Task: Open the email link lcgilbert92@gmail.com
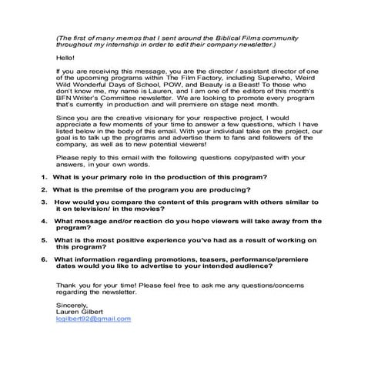pyautogui.click(x=93, y=318)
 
